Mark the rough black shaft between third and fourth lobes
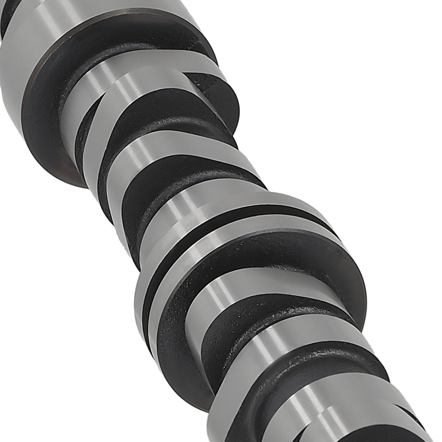[x=177, y=181]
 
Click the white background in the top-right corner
[x=398, y=35]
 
